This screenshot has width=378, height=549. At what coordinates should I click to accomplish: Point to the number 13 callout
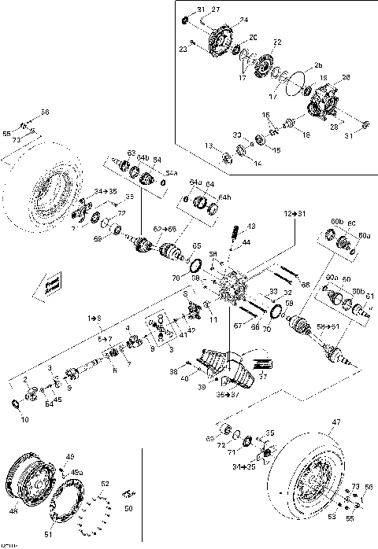pyautogui.click(x=209, y=146)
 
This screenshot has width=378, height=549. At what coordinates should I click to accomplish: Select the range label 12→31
pyautogui.click(x=295, y=213)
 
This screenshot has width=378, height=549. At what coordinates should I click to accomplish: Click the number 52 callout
pyautogui.click(x=105, y=484)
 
